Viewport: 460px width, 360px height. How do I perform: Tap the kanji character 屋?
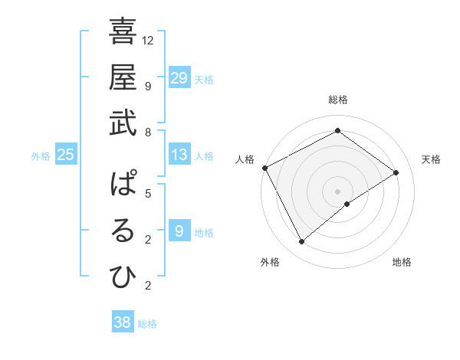point(123,78)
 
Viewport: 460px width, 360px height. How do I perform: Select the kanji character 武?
point(123,123)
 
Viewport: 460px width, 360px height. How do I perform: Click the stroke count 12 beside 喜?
point(149,40)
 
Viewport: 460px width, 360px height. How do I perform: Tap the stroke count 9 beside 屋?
point(148,86)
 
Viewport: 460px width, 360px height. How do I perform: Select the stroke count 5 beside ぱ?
point(148,194)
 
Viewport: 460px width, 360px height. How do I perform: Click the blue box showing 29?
point(179,78)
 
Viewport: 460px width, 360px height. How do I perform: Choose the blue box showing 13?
point(179,155)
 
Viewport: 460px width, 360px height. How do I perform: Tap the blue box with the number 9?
point(179,232)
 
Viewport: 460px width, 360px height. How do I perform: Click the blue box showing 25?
point(66,155)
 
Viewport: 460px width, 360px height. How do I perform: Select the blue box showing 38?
point(123,322)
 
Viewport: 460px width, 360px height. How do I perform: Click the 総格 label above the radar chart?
point(337,100)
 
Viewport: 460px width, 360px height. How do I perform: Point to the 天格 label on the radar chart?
point(431,159)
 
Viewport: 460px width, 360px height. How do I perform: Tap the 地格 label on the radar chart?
point(402,262)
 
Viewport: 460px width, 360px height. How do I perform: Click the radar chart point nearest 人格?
point(264,168)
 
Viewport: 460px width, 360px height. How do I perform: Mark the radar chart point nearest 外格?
point(301,242)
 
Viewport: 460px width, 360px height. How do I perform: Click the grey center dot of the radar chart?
point(337,191)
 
